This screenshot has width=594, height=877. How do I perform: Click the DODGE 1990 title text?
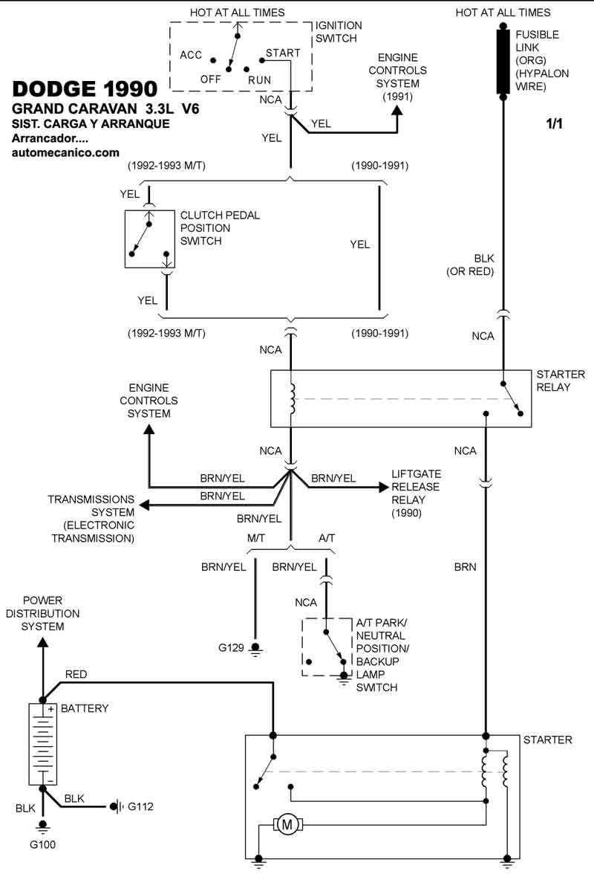(x=85, y=88)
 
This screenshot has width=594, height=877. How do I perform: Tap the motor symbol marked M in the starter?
(x=287, y=823)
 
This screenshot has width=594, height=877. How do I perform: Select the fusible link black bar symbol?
(x=503, y=62)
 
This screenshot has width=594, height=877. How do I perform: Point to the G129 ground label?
(x=230, y=648)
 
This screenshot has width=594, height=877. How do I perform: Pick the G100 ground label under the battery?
(x=42, y=844)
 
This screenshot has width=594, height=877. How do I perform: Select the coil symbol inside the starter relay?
(x=293, y=400)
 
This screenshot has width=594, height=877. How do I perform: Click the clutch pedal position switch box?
(x=149, y=239)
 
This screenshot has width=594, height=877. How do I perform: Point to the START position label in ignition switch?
(x=283, y=53)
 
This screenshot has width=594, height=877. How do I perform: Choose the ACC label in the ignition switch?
(x=192, y=54)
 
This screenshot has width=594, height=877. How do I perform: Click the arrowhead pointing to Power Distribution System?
(x=43, y=641)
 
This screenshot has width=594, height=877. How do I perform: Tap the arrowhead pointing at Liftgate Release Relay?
(x=383, y=487)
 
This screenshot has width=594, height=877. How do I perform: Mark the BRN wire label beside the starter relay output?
(x=465, y=566)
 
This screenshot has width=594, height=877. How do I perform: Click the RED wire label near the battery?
(x=76, y=674)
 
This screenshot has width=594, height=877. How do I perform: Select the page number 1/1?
(x=554, y=124)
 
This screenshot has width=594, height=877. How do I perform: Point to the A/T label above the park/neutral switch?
(x=327, y=537)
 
